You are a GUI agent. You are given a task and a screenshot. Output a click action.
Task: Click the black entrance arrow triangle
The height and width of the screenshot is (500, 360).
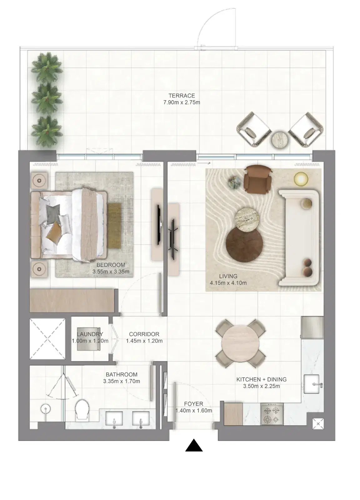(x=194, y=446)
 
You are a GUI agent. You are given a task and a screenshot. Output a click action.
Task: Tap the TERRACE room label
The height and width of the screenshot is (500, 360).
(x=182, y=96)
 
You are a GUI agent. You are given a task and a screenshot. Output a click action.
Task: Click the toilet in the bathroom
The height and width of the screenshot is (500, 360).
(x=82, y=409)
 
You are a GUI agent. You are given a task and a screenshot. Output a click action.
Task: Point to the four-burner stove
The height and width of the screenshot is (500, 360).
(x=272, y=414)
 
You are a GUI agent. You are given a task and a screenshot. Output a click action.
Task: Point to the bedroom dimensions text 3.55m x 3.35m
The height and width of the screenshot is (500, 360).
(x=111, y=272)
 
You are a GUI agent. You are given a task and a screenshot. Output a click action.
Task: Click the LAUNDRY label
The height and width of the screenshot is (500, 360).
(x=90, y=334)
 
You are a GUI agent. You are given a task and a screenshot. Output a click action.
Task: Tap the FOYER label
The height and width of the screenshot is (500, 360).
(x=193, y=404)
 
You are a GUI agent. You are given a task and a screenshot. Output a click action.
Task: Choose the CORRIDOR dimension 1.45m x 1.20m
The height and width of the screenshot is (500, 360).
(x=144, y=341)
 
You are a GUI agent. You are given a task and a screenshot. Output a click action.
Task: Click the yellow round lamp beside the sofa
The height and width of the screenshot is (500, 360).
(x=301, y=179)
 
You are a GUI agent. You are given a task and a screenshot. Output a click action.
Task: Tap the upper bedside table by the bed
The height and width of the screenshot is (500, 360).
(x=39, y=180)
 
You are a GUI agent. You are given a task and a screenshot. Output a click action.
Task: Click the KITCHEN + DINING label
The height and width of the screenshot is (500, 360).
(x=261, y=379)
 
